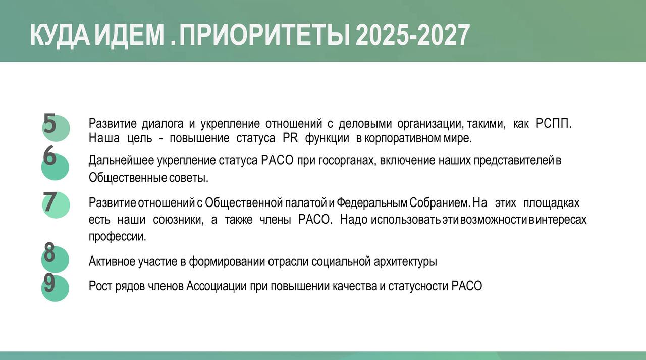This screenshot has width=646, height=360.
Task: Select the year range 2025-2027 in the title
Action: [x=412, y=35]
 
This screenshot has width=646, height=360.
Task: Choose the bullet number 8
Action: [x=49, y=252]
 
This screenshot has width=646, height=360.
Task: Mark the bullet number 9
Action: [x=49, y=283]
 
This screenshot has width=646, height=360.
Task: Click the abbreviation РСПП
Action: [x=554, y=124]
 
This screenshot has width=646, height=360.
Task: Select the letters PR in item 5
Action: [x=290, y=138]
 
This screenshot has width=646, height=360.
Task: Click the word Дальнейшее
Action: [x=122, y=161]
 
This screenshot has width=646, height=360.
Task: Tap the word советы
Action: [x=189, y=178]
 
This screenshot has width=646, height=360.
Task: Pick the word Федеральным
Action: [x=372, y=203]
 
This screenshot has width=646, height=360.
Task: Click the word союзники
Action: [x=178, y=220]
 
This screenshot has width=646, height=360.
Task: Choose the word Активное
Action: [x=112, y=262]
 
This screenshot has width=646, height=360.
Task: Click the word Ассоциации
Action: [x=217, y=286]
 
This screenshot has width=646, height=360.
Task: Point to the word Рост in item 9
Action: [x=100, y=286]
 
